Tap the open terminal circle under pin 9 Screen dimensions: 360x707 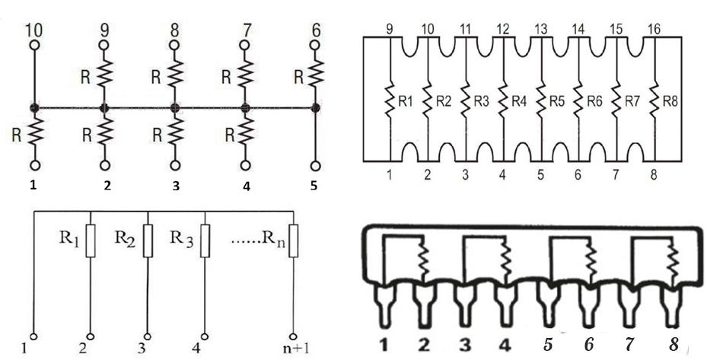click(104, 46)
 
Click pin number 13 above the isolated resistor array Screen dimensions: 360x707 click(541, 29)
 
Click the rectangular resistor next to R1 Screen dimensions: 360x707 click(90, 241)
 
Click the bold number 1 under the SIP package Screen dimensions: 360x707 click(387, 344)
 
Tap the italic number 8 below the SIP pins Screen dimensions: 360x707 click(674, 344)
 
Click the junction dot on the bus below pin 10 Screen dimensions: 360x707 click(34, 107)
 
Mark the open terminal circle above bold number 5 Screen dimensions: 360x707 click(316, 164)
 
